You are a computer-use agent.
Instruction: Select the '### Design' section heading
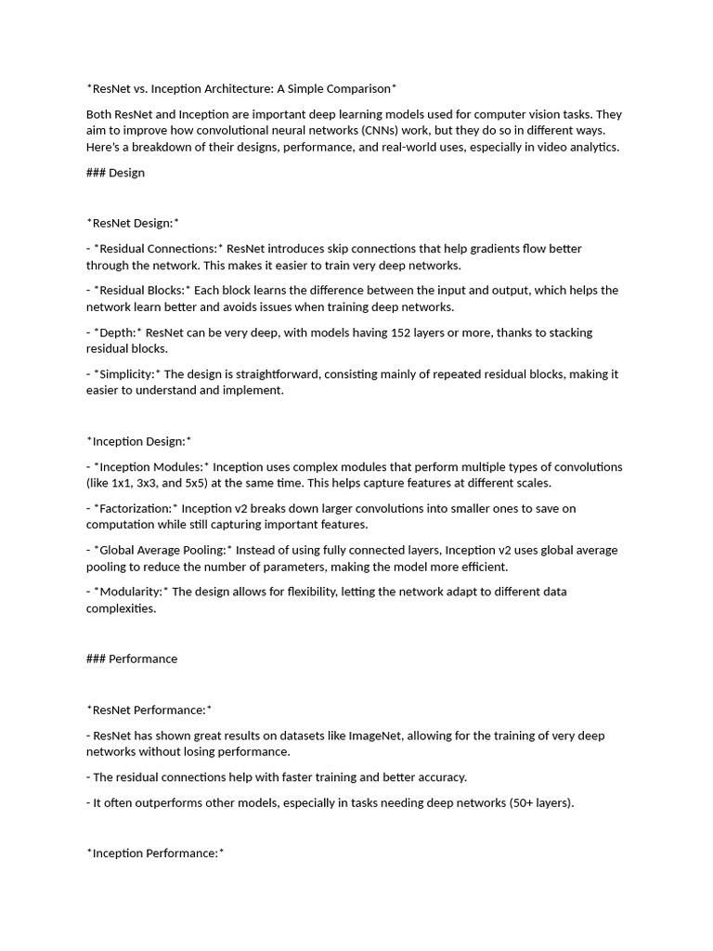[x=115, y=173]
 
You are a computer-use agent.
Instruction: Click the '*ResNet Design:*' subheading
[x=133, y=223]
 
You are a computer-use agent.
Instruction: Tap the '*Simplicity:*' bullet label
[x=127, y=374]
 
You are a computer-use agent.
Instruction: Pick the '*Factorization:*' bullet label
[x=136, y=509]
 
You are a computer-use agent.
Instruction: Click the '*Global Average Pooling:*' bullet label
[x=163, y=551]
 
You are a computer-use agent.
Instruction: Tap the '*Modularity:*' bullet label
[x=131, y=592]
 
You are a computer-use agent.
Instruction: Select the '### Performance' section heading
[x=132, y=659]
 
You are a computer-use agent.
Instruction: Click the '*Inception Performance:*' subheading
[x=156, y=853]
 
